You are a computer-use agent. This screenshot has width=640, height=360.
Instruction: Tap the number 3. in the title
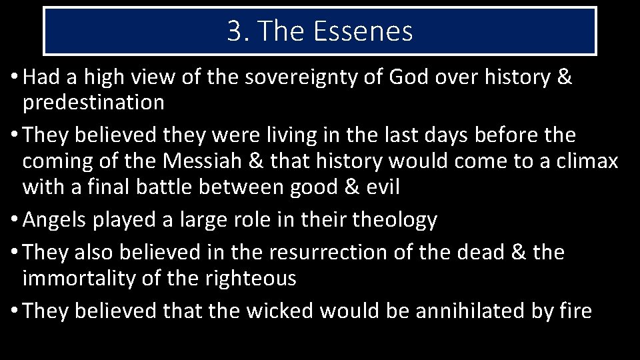pos(237,31)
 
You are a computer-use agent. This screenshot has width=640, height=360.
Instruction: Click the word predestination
pos(93,103)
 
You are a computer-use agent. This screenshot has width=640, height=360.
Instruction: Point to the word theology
pos(395,220)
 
